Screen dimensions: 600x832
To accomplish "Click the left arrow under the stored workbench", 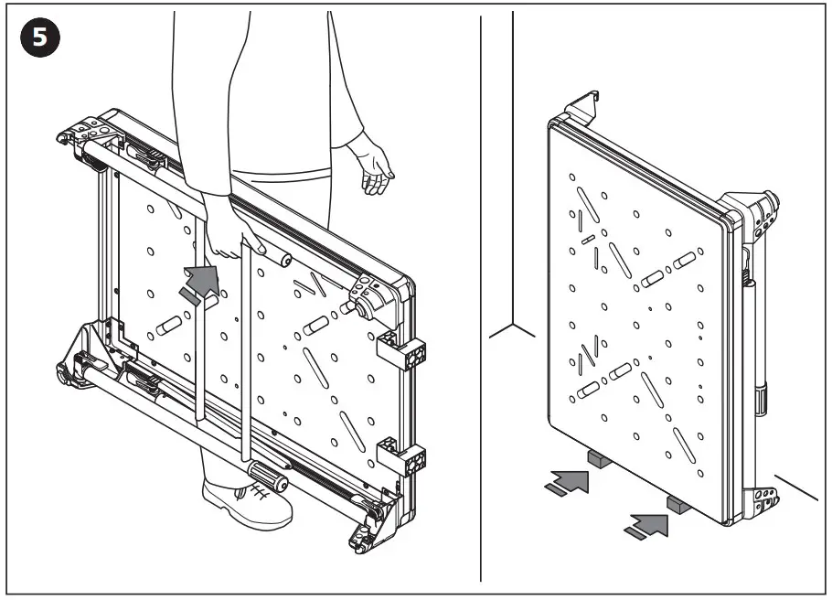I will [x=567, y=482].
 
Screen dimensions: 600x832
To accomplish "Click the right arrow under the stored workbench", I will [x=647, y=524].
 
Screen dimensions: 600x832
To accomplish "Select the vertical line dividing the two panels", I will [x=480, y=302].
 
